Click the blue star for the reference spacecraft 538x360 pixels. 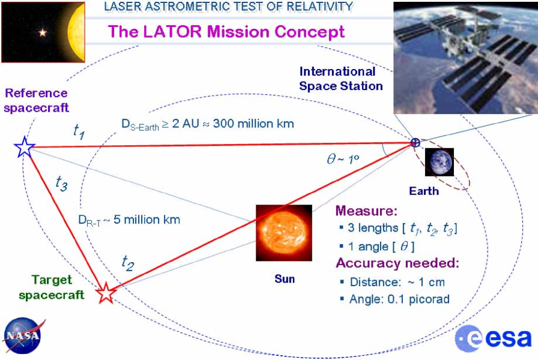pos(25,147)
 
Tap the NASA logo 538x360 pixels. pos(23,335)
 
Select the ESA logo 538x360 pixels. pos(493,338)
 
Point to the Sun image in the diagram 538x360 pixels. pos(284,233)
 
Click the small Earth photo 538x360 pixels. pos(439,162)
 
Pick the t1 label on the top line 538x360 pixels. pos(79,131)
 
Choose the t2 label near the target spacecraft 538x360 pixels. pos(128,263)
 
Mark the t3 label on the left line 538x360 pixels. pos(61,184)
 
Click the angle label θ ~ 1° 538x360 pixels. pos(343,159)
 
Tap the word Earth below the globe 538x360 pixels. pos(424,191)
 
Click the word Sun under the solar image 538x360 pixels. pos(285,279)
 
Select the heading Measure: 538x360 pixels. pos(366,211)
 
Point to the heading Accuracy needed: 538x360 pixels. pos(397,263)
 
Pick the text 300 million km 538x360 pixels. pos(253,124)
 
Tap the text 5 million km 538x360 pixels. pos(147,220)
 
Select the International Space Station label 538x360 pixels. pos(340,79)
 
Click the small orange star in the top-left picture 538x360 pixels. pos(43,32)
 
